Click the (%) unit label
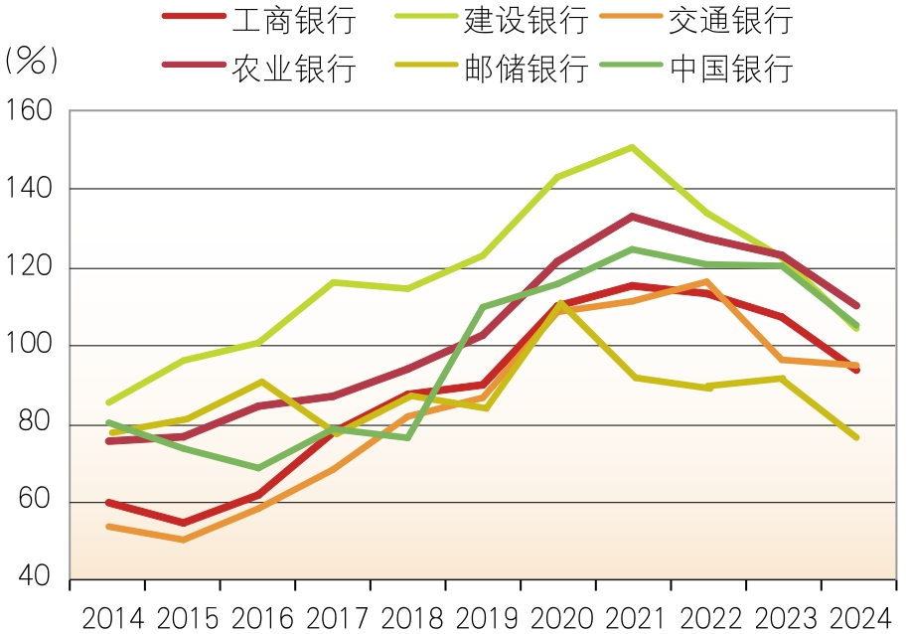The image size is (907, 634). coord(32,60)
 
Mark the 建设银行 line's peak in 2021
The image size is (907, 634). coord(632,147)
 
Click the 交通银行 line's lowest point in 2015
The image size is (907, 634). coord(183,540)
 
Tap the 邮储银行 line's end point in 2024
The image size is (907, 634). coord(856,437)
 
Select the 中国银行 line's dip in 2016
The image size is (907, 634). coord(258,468)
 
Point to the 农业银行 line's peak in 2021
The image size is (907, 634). coord(632,216)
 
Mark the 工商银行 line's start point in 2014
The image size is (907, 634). coord(107,502)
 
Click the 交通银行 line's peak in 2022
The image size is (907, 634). coord(707,281)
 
